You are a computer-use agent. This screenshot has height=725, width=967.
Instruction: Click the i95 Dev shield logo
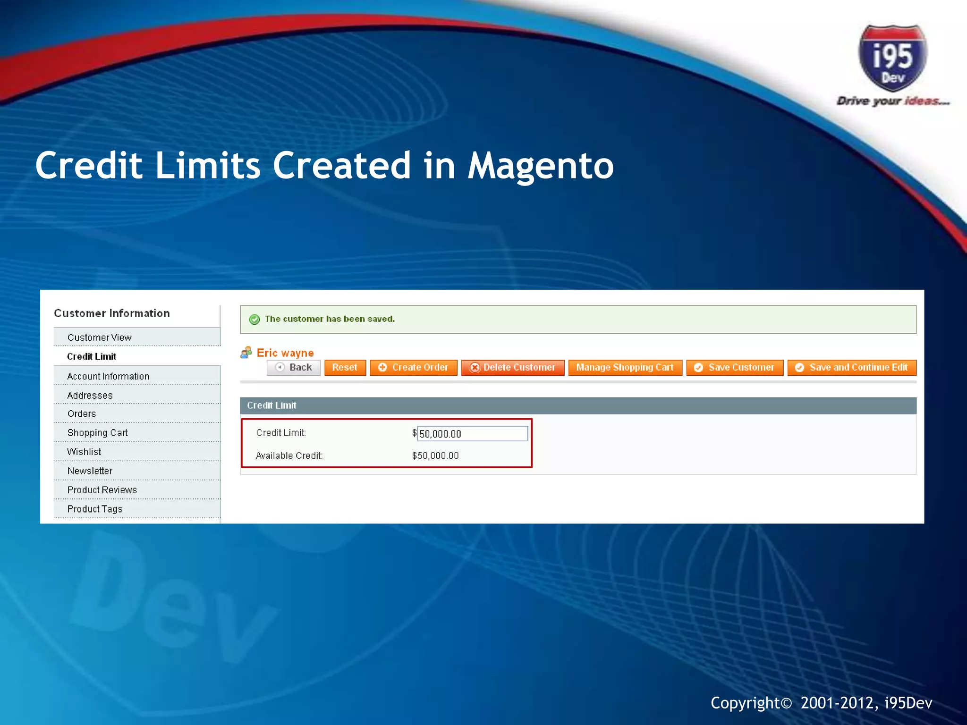(892, 59)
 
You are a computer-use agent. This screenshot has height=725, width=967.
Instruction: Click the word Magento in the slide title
(541, 166)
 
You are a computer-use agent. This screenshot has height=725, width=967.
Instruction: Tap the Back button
(294, 368)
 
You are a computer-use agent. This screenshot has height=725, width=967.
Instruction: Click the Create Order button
(413, 368)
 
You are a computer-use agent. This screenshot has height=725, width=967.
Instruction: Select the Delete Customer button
(513, 368)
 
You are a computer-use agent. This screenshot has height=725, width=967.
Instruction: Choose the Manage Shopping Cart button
(625, 368)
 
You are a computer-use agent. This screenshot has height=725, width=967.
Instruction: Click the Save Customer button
(735, 368)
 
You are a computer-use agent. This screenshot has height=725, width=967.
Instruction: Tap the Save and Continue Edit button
(852, 368)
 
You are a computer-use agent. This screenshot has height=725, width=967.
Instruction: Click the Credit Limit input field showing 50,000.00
(472, 434)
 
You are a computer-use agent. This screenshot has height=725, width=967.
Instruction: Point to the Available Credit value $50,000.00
(435, 456)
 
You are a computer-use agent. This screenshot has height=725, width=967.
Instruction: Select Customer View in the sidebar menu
(100, 337)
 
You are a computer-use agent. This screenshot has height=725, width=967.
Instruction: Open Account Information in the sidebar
(108, 376)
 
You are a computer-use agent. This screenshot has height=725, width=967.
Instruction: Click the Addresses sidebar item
(90, 396)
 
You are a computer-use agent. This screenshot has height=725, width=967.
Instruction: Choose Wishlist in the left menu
(84, 452)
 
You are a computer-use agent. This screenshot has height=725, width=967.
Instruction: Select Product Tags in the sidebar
(95, 509)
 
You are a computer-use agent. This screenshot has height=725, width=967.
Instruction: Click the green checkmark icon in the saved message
(254, 320)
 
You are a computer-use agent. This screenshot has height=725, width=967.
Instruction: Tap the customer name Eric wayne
(285, 353)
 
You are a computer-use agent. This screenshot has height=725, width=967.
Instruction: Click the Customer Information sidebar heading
(112, 313)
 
